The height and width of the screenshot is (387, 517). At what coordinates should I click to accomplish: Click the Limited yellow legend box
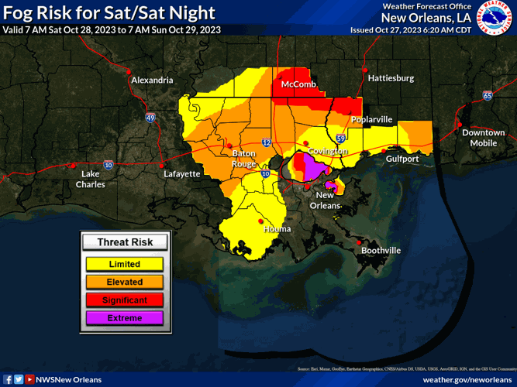coord(124,264)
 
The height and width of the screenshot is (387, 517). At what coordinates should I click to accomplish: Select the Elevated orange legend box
coord(124,282)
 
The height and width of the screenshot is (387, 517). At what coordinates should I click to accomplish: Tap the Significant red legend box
coord(124,300)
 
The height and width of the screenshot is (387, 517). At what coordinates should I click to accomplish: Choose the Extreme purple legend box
coord(124,317)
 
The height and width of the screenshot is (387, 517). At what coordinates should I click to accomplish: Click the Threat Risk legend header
coord(124,242)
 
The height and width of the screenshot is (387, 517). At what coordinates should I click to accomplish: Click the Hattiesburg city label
coord(391,78)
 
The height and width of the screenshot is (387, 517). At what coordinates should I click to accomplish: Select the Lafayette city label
coord(182,174)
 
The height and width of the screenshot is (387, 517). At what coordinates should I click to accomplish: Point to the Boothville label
coord(381,251)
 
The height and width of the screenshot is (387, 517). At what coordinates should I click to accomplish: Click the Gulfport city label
coord(402,159)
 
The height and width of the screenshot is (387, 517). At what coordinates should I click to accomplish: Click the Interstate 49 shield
coord(150,118)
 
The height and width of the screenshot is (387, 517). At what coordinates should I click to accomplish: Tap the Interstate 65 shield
coord(487,95)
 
